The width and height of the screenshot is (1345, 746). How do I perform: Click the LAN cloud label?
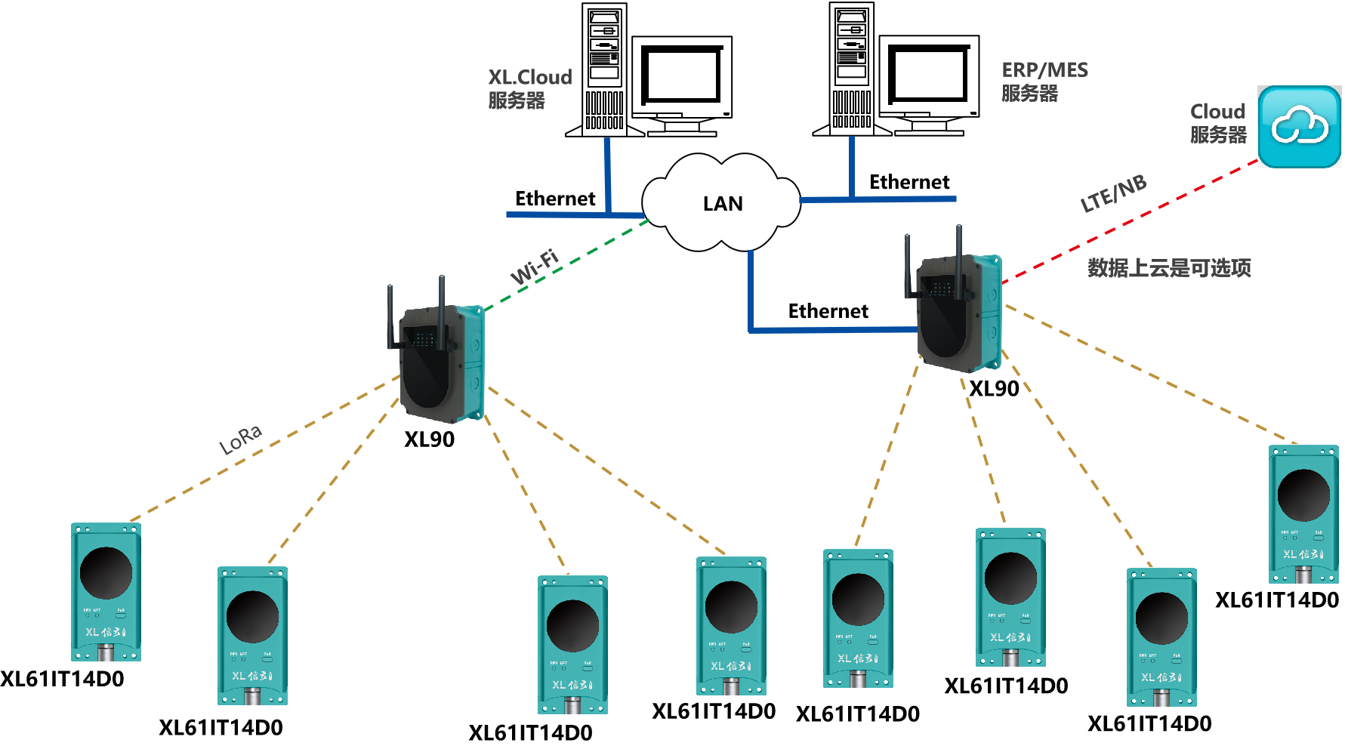723,204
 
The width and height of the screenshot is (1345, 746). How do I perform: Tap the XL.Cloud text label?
529,78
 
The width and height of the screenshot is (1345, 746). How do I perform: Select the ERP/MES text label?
1044,70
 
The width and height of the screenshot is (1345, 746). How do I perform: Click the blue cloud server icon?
1299,127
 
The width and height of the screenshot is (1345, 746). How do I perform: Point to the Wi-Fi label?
535,267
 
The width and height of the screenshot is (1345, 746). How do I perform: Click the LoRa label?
240,439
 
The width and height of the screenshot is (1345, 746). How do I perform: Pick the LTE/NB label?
1113,193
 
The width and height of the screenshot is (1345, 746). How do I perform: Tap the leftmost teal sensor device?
106,591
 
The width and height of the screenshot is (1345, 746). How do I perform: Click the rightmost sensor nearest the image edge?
1303,513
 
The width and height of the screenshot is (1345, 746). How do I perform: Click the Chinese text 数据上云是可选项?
1169,268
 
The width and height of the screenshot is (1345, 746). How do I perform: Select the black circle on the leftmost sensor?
106,573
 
